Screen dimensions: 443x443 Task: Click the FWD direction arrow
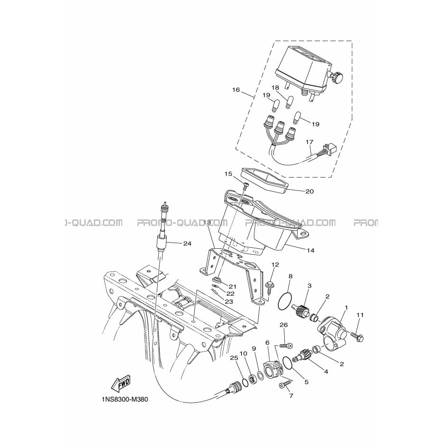click(x=122, y=384)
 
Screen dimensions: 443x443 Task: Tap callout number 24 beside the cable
click(x=187, y=243)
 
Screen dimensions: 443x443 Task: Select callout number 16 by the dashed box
click(x=236, y=90)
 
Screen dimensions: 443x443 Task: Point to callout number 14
click(x=310, y=250)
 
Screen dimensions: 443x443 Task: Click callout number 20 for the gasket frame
click(x=310, y=191)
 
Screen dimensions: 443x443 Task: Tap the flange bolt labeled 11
click(x=357, y=335)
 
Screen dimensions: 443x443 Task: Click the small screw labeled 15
click(x=245, y=187)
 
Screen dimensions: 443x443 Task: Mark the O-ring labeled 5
click(x=287, y=363)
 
